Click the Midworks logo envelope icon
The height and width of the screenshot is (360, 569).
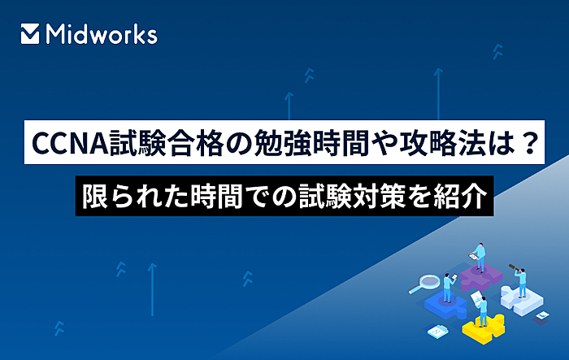[x=30, y=34]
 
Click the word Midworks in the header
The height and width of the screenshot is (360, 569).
[x=102, y=34]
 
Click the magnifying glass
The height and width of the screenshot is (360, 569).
[x=424, y=284]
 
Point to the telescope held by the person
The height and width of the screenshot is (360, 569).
[x=513, y=267]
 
